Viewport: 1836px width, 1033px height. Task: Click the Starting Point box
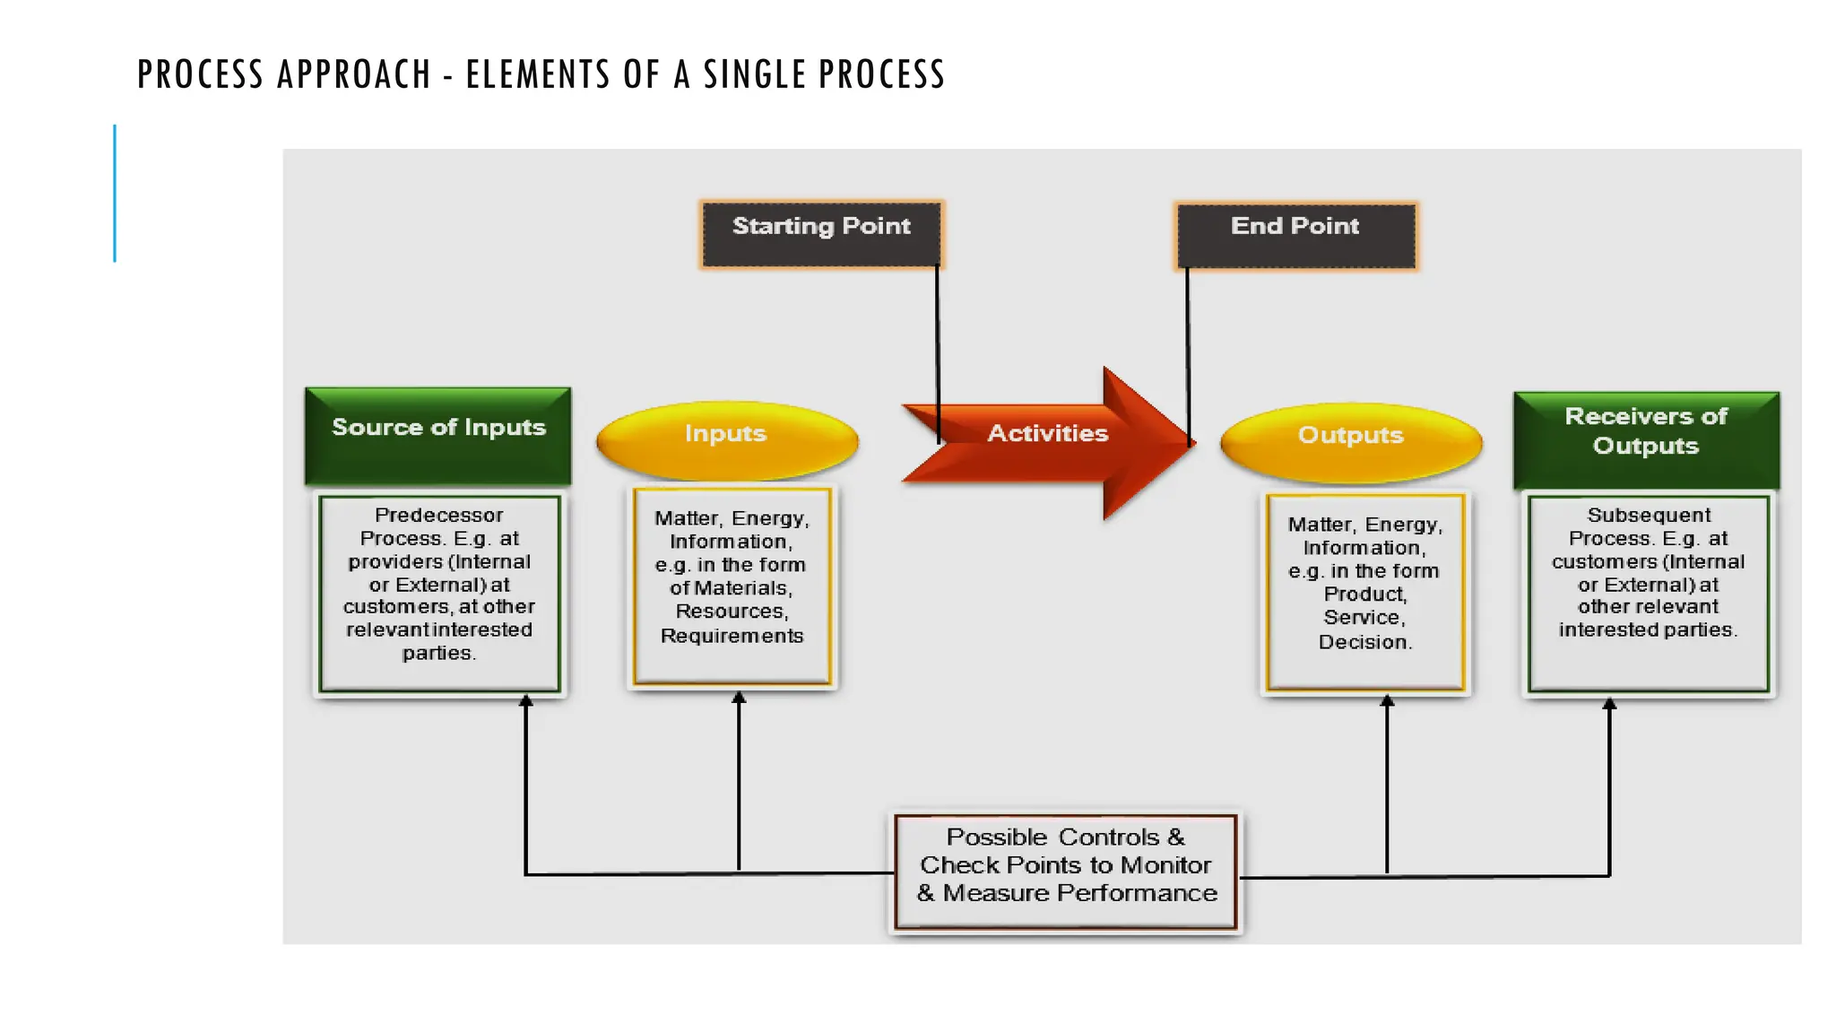(821, 234)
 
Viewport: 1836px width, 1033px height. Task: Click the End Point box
(1295, 235)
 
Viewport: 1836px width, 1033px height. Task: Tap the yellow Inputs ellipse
(726, 438)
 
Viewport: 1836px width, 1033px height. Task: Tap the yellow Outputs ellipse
(1350, 440)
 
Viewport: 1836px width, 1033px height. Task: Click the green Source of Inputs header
(438, 434)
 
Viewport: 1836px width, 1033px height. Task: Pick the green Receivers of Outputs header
(1646, 438)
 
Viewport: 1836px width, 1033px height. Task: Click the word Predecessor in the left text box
(438, 516)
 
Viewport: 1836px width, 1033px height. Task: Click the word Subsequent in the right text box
(1649, 516)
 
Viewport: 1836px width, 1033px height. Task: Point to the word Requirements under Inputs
(732, 636)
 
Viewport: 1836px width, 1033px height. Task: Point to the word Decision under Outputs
(1364, 642)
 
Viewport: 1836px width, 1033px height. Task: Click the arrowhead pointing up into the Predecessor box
(526, 700)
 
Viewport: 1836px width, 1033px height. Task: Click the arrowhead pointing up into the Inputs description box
(739, 697)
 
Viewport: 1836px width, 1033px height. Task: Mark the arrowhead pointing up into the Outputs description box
(1387, 700)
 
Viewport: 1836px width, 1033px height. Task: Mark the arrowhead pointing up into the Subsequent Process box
(1609, 704)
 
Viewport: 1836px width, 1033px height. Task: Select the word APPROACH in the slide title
(354, 74)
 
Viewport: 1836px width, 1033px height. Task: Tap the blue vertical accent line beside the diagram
(115, 193)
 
